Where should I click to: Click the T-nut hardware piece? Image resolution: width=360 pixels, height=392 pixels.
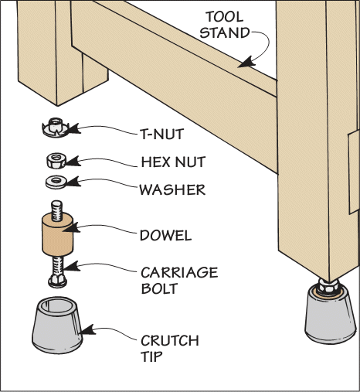pyautogui.click(x=56, y=127)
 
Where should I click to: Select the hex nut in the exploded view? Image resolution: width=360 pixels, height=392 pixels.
pyautogui.click(x=56, y=161)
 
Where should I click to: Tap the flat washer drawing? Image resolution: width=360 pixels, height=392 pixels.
pyautogui.click(x=56, y=182)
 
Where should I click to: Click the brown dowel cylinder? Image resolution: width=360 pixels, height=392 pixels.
pyautogui.click(x=57, y=235)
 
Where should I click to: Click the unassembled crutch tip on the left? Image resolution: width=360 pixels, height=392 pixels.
pyautogui.click(x=57, y=326)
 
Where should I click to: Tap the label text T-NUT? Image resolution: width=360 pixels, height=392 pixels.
pyautogui.click(x=162, y=134)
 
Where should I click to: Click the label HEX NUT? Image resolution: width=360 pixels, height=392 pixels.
pyautogui.click(x=173, y=162)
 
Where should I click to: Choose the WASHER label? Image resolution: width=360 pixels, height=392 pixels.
pyautogui.click(x=172, y=189)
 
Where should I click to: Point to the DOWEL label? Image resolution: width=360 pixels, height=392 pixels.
pyautogui.click(x=166, y=235)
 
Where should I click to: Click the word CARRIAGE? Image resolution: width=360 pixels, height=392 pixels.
pyautogui.click(x=179, y=273)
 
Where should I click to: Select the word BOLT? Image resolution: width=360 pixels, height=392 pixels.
pyautogui.click(x=159, y=288)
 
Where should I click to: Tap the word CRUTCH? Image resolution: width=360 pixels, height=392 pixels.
pyautogui.click(x=170, y=341)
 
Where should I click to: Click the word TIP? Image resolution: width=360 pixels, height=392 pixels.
pyautogui.click(x=151, y=356)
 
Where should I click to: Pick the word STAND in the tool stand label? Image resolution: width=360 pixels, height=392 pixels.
pyautogui.click(x=225, y=33)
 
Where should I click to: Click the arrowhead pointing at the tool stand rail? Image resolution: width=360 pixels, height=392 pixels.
pyautogui.click(x=246, y=63)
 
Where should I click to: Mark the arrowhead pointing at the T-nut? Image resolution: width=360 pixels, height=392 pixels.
pyautogui.click(x=75, y=128)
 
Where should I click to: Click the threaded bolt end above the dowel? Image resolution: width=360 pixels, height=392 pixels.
pyautogui.click(x=57, y=211)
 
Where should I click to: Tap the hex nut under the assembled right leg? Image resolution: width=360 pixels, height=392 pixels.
pyautogui.click(x=328, y=285)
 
